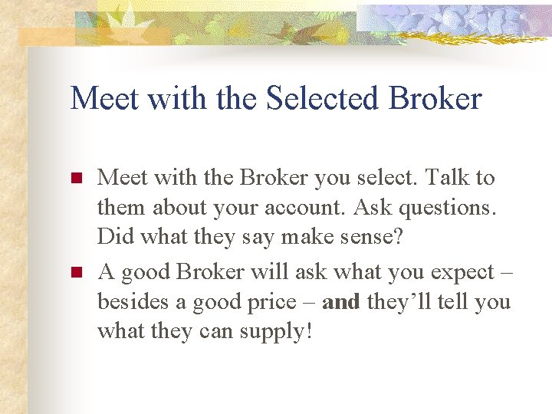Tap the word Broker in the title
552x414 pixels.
(435, 99)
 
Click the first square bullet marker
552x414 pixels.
(76, 179)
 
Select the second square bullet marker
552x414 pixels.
(76, 273)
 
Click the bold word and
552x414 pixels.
(341, 302)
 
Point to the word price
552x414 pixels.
(286, 302)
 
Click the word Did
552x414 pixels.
(113, 238)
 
